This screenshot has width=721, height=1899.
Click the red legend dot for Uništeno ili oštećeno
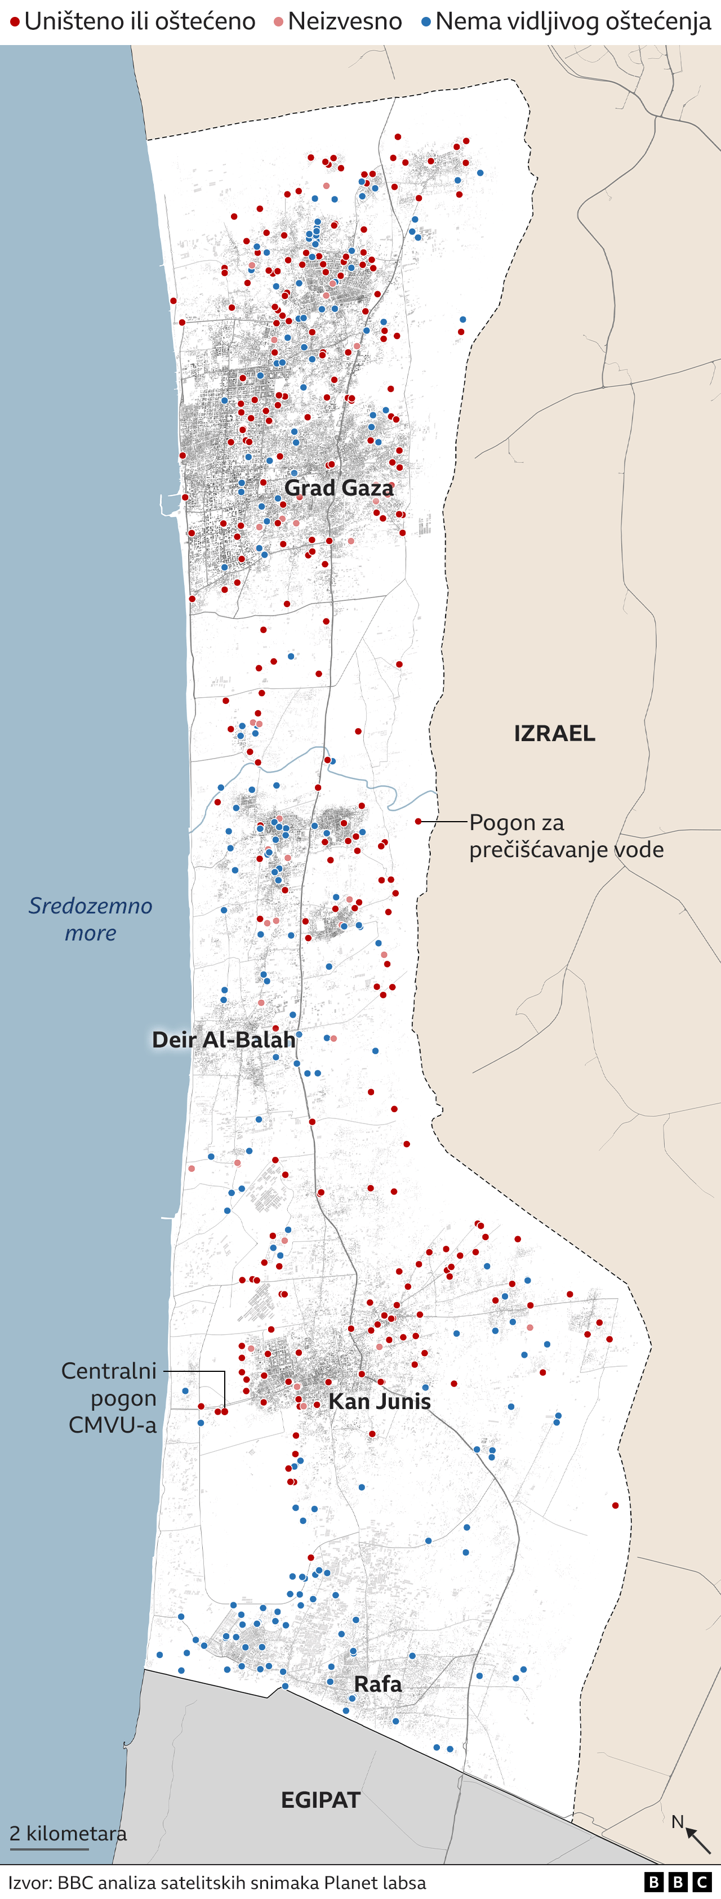pos(15,22)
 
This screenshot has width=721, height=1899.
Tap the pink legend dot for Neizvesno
pos(279,22)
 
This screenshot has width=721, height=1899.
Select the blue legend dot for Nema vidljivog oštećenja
pos(426,22)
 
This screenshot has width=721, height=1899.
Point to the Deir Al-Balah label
pos(224,1040)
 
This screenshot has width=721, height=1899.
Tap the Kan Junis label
pos(380,1401)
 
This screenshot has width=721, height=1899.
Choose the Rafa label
pos(377,1684)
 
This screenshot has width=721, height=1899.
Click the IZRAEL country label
pos(554,733)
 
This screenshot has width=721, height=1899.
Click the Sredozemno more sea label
pos(90,919)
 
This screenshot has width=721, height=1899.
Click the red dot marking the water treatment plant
pos(418,821)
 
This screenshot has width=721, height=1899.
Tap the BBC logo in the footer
pos(677,1882)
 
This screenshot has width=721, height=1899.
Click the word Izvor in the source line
pos(29,1882)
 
